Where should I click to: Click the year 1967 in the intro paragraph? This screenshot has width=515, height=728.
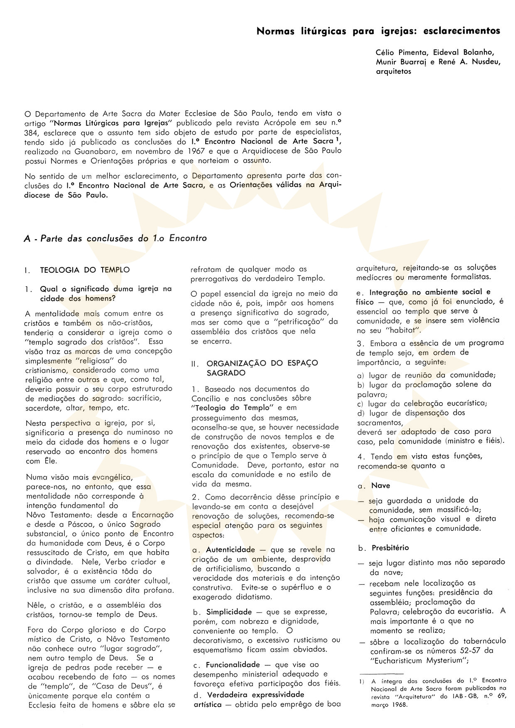(220, 151)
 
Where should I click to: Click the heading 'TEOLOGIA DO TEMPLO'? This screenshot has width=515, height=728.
(85, 270)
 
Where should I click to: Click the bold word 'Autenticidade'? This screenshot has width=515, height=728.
(231, 550)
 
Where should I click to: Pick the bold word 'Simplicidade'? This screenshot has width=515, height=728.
(229, 612)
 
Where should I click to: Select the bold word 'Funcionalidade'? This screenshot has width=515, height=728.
(233, 664)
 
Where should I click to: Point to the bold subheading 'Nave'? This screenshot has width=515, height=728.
(380, 485)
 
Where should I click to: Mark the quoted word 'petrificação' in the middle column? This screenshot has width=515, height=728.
(297, 322)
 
